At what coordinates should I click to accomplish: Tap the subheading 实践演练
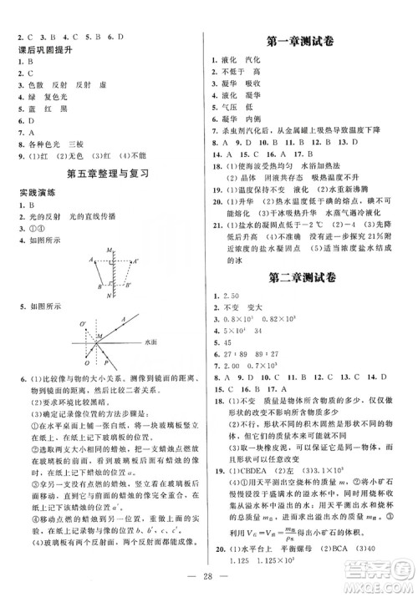31,192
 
